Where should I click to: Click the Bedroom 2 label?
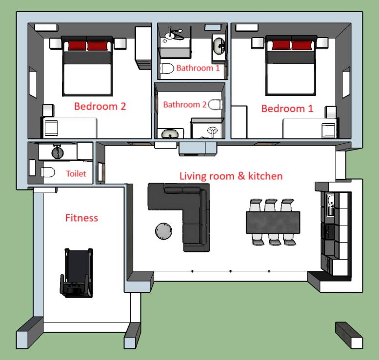click(x=100, y=106)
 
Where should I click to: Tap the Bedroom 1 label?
click(x=287, y=109)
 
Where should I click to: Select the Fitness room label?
click(x=81, y=218)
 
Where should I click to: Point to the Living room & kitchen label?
click(x=231, y=176)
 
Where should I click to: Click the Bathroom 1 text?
click(x=198, y=68)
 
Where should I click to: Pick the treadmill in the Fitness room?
click(x=77, y=273)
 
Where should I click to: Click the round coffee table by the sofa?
click(x=163, y=231)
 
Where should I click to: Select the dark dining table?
click(x=273, y=222)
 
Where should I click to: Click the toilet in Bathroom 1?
click(x=167, y=69)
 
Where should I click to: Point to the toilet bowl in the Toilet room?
click(x=48, y=172)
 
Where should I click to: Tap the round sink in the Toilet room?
click(x=58, y=152)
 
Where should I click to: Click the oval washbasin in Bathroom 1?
click(x=219, y=46)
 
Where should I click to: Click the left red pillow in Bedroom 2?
click(x=77, y=46)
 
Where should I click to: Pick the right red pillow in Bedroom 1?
click(x=301, y=45)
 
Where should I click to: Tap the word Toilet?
click(x=76, y=173)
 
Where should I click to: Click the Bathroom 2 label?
click(x=185, y=105)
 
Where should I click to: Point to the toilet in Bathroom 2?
click(x=215, y=105)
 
